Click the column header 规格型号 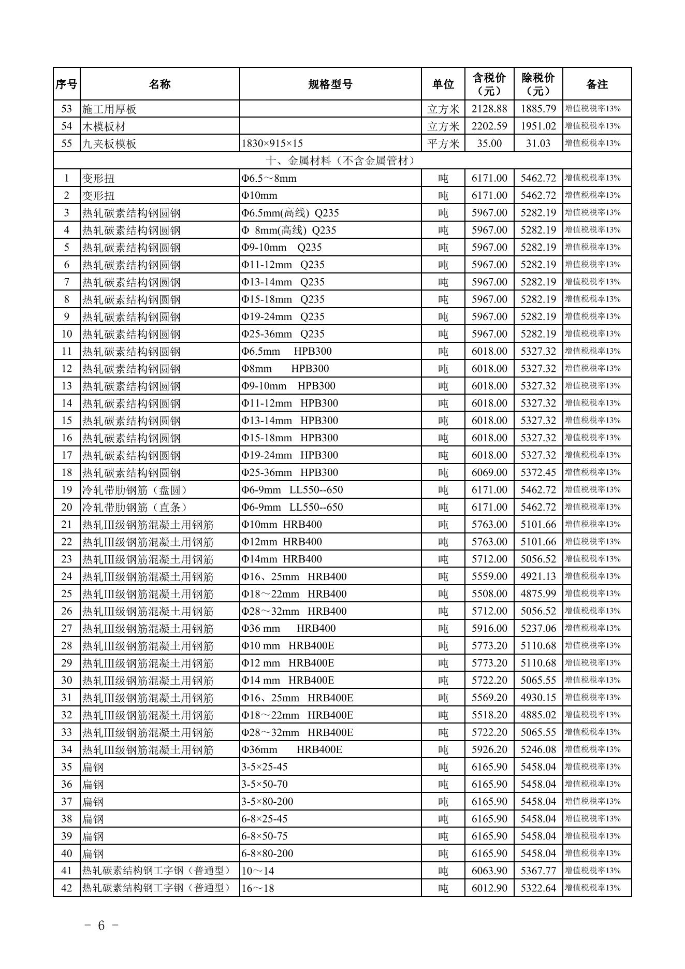[330, 84]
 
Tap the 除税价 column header [538, 84]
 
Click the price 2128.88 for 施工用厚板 [489, 109]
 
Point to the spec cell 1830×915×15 [272, 143]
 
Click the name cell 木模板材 [104, 126]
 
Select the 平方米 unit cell [443, 143]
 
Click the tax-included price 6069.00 [489, 472]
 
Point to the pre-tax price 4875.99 [538, 594]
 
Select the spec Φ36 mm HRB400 [288, 628]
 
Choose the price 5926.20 [489, 749]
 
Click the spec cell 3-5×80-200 [267, 802]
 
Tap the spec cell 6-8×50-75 [264, 836]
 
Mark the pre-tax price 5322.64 [538, 888]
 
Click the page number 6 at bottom [101, 925]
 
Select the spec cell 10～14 [258, 871]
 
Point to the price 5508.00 [489, 594]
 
